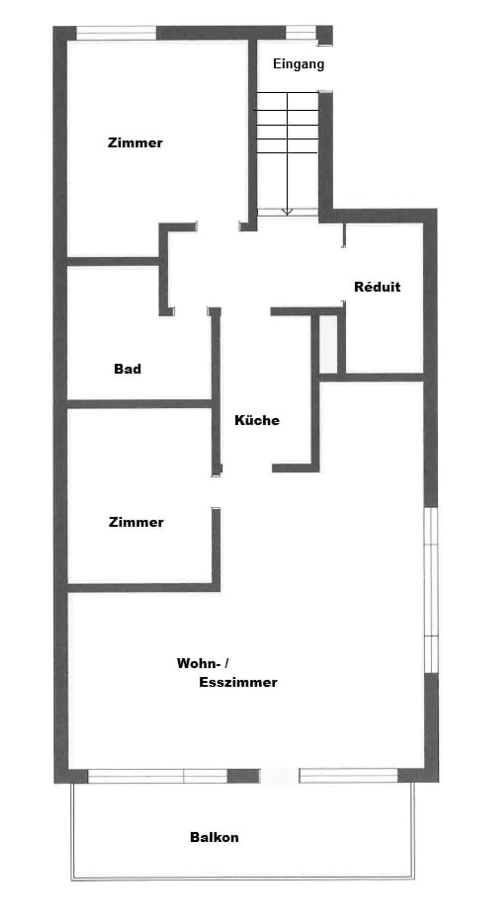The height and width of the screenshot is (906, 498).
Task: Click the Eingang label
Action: tap(298, 64)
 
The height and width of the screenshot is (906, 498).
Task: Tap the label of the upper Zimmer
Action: tap(135, 143)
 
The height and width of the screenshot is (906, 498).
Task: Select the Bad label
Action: tap(127, 369)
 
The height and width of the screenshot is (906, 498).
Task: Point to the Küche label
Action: tap(257, 420)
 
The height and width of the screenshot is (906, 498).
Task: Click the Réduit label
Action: tap(377, 287)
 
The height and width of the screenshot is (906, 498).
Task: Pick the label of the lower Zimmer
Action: tap(136, 522)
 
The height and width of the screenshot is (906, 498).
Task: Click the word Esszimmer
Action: tap(238, 682)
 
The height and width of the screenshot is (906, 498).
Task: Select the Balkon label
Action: tap(214, 837)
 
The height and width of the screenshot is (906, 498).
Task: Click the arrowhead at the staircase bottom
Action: tap(287, 212)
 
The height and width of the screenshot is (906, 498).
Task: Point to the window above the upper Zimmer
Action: tap(116, 33)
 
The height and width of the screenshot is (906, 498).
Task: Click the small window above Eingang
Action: tap(301, 33)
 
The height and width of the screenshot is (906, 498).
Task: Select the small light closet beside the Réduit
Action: tap(328, 344)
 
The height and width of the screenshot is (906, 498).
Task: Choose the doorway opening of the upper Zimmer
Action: tap(218, 226)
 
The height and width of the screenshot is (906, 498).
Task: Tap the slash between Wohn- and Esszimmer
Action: tap(227, 663)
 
